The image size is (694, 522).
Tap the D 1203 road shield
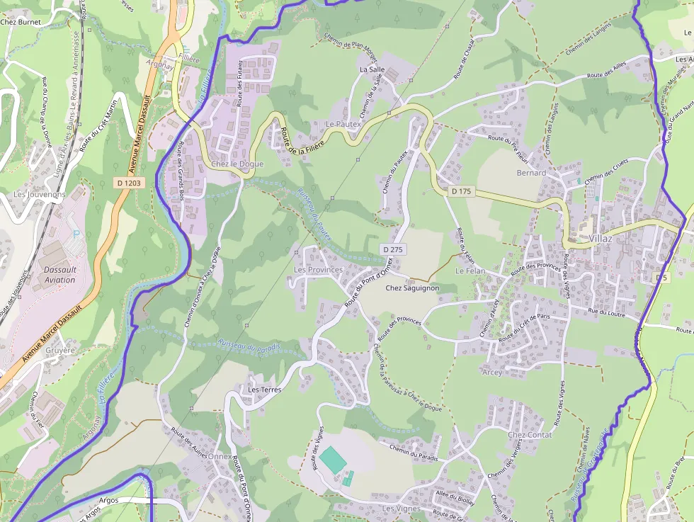pyautogui.click(x=128, y=183)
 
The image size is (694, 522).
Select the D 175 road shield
pyautogui.click(x=461, y=191)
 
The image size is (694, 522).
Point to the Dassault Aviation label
pyautogui.click(x=59, y=275)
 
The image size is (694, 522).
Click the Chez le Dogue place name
pyautogui.click(x=237, y=164)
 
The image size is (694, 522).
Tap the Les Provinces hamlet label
pyautogui.click(x=318, y=270)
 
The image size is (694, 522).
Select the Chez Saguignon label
pyautogui.click(x=412, y=288)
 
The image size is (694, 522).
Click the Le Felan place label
pyautogui.click(x=470, y=271)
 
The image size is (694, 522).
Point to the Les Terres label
pyautogui.click(x=265, y=390)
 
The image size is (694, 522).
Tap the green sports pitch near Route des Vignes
pyautogui.click(x=332, y=459)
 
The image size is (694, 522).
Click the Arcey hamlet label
pyautogui.click(x=492, y=373)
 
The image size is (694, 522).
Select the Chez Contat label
pyautogui.click(x=530, y=434)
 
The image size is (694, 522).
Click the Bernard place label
pyautogui.click(x=531, y=173)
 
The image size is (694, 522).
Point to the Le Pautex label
pyautogui.click(x=343, y=124)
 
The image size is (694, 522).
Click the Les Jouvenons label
pyautogui.click(x=40, y=194)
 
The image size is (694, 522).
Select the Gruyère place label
pyautogui.click(x=59, y=351)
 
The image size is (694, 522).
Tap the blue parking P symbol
pyautogui.click(x=76, y=234)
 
